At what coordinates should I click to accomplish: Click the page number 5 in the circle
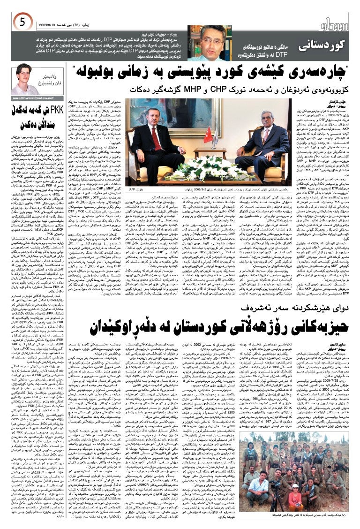tap(22, 21)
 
